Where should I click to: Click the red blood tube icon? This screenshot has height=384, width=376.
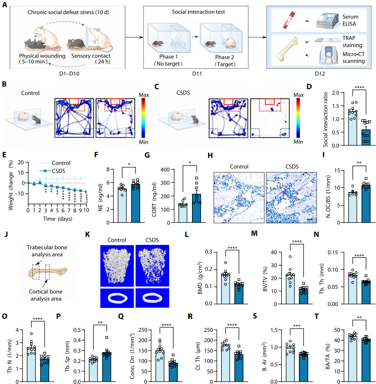287,20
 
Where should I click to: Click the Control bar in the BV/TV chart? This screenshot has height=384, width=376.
293,289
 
